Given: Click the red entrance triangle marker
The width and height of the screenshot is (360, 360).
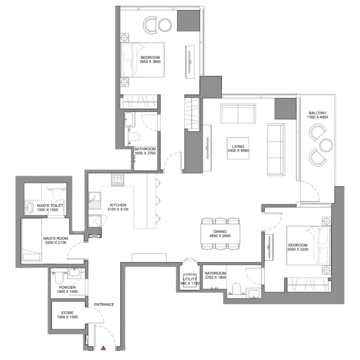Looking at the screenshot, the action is tap(103, 348).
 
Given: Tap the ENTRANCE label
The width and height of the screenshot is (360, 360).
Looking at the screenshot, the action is tap(104, 304).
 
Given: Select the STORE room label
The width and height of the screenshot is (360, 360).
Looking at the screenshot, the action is tap(67, 313).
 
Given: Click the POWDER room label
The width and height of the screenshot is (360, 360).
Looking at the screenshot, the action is tap(67, 287).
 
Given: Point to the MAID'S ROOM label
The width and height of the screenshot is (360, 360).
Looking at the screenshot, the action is tap(56, 238).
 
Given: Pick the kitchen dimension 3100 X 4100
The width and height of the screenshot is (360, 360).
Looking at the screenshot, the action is tap(118, 209).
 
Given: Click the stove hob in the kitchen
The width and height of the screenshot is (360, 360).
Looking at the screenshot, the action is tap(117, 180).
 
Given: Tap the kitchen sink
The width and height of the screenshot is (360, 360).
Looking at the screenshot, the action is tap(95, 197).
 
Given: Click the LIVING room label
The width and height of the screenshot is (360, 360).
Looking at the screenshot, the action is tap(238, 146).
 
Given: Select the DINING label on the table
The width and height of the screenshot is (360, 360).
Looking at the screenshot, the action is tap(220, 232).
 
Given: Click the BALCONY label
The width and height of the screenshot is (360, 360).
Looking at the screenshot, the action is tap(318, 113).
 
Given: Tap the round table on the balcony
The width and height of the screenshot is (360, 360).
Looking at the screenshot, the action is tap(326, 145).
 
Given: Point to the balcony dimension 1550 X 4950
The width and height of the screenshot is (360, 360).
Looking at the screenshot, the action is tap(318, 117).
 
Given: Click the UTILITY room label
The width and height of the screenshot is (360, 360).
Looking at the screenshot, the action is tap(190, 279).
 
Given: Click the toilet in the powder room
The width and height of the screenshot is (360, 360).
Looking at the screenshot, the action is tap(59, 278).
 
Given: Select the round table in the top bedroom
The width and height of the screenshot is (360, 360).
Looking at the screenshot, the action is tap(165, 25).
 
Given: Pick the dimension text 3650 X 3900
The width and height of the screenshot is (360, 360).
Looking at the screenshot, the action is tap(150, 62).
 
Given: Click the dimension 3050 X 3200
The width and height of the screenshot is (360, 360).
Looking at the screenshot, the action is tap(298, 249).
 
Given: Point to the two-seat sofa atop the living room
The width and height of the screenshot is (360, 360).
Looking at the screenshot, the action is tap(238, 113).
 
